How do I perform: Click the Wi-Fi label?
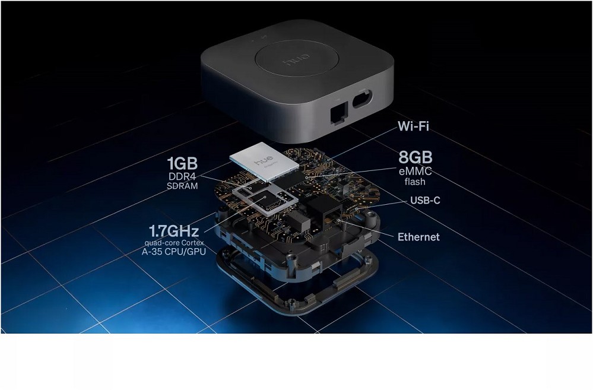413,126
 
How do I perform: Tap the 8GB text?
416,157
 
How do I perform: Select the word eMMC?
416,172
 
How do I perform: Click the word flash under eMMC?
415,182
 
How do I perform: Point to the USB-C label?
426,200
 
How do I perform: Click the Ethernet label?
418,237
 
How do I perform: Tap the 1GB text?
182,163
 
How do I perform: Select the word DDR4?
183,176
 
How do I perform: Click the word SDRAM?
182,186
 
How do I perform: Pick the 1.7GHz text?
174,231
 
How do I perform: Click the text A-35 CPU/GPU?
174,252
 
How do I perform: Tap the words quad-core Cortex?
174,243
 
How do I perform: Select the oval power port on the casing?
362,99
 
